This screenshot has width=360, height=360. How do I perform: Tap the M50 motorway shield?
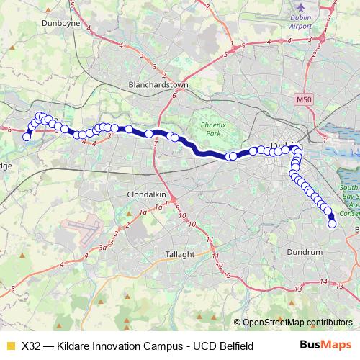pos(302,95)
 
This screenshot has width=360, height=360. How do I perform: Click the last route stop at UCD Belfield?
pos(333,224)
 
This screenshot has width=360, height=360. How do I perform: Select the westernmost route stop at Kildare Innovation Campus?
pos(27,137)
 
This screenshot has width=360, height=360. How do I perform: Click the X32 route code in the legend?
pos(32,346)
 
